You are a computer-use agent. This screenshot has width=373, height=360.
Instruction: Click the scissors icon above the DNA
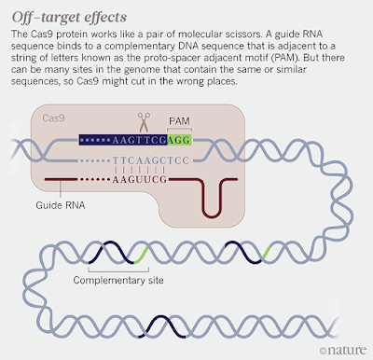click(x=144, y=122)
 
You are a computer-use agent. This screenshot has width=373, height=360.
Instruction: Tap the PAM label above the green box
click(x=179, y=121)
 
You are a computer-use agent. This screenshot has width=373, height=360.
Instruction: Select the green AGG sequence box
click(x=179, y=140)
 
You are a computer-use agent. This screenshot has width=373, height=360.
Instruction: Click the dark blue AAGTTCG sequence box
click(x=123, y=140)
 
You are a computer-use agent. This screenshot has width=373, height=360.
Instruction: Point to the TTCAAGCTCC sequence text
click(x=151, y=160)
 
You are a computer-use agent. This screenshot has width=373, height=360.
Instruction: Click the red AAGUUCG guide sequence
click(x=140, y=179)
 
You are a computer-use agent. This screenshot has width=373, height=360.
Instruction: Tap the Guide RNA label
click(x=61, y=205)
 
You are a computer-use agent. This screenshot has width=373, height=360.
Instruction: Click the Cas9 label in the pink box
click(x=53, y=118)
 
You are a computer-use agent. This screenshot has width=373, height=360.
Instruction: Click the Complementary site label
click(x=118, y=280)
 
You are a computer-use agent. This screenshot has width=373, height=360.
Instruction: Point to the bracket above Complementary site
click(x=118, y=270)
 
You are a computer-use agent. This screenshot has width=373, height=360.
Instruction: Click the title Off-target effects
click(x=69, y=17)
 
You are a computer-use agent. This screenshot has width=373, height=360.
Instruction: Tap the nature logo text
click(x=347, y=350)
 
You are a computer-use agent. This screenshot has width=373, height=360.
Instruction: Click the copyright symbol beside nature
click(x=324, y=351)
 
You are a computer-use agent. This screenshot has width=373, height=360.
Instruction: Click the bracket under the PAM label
click(x=179, y=129)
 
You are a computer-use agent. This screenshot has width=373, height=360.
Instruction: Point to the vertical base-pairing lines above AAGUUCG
click(x=140, y=171)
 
